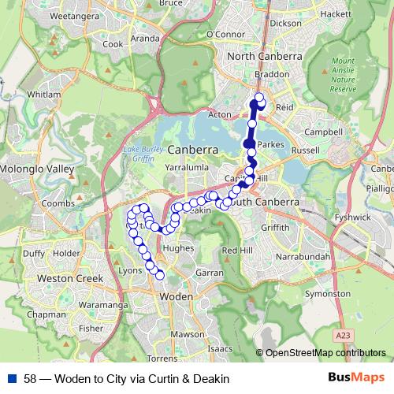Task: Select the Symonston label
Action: (327, 293)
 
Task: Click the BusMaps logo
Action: (357, 377)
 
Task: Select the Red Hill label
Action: (237, 250)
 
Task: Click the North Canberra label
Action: (266, 57)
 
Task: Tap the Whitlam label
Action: (43, 94)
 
